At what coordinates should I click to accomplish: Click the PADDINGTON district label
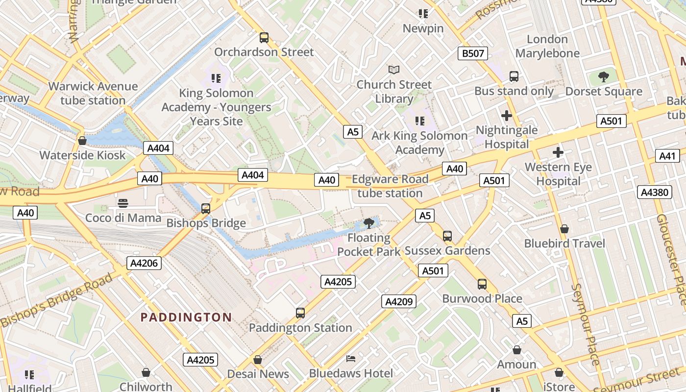tap(186, 317)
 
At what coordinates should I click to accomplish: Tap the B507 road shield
tap(473, 53)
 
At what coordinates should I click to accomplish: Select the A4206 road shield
tap(144, 263)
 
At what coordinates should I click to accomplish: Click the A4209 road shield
tap(399, 301)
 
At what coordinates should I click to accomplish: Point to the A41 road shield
tap(667, 156)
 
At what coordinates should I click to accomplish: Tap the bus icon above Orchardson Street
tap(264, 37)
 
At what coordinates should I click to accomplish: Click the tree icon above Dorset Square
tap(604, 77)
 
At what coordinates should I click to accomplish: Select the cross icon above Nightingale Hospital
tap(507, 116)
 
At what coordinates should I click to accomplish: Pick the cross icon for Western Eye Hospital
tap(558, 153)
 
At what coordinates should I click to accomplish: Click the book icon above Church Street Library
tap(394, 70)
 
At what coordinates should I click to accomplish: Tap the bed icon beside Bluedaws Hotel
tap(351, 359)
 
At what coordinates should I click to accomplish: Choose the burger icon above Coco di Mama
tap(123, 203)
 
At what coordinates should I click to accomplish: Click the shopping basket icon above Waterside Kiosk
tap(82, 141)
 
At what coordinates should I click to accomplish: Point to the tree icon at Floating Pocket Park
tap(369, 224)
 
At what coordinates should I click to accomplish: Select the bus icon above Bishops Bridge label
tap(206, 209)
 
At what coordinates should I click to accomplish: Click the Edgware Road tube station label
tap(390, 186)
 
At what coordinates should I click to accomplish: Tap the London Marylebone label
tap(547, 46)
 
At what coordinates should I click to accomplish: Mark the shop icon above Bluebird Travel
tap(564, 229)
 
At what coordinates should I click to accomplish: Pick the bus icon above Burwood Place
tap(482, 284)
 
